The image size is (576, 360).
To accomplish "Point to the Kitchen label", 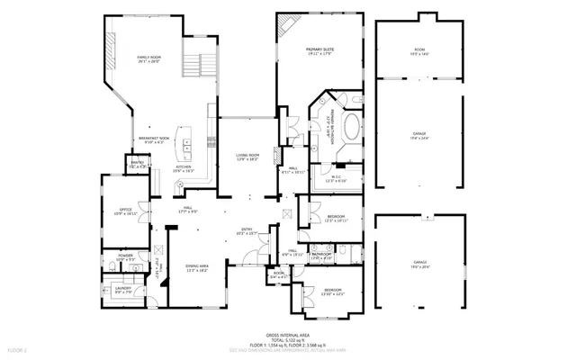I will click(x=184, y=167).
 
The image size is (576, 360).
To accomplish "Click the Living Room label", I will click(x=247, y=157).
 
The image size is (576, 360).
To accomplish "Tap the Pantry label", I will click(x=137, y=165).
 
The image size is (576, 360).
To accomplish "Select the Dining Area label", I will click(x=196, y=267).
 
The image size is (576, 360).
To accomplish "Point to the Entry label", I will click(x=247, y=230).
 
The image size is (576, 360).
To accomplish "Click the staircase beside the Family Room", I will click(x=201, y=63).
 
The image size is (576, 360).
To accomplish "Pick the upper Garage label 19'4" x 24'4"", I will click(x=418, y=136).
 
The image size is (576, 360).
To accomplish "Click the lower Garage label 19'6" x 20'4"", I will click(x=418, y=265).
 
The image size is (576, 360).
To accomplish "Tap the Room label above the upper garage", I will click(x=418, y=51).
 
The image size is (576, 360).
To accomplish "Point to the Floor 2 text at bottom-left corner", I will click(x=17, y=347).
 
